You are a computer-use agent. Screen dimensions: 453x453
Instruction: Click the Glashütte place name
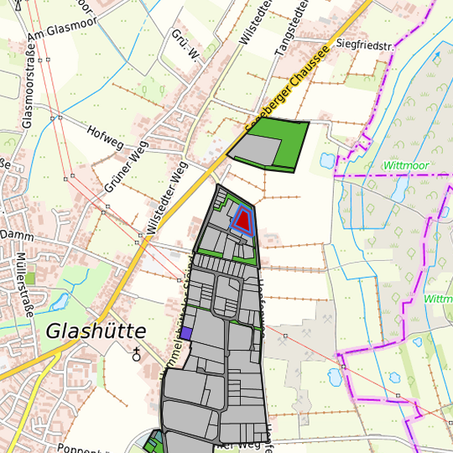point(96,331)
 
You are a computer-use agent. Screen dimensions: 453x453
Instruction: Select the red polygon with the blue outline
point(242,220)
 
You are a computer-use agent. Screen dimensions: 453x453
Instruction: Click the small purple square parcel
point(187,333)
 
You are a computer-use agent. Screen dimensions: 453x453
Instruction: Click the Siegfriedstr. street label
point(364,44)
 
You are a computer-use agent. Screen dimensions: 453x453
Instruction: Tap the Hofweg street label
point(104,133)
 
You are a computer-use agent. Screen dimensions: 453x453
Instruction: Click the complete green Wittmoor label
point(406,165)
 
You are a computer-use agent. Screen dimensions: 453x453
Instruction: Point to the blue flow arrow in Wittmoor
point(436,58)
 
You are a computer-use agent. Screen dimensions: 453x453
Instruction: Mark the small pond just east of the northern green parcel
point(325,159)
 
